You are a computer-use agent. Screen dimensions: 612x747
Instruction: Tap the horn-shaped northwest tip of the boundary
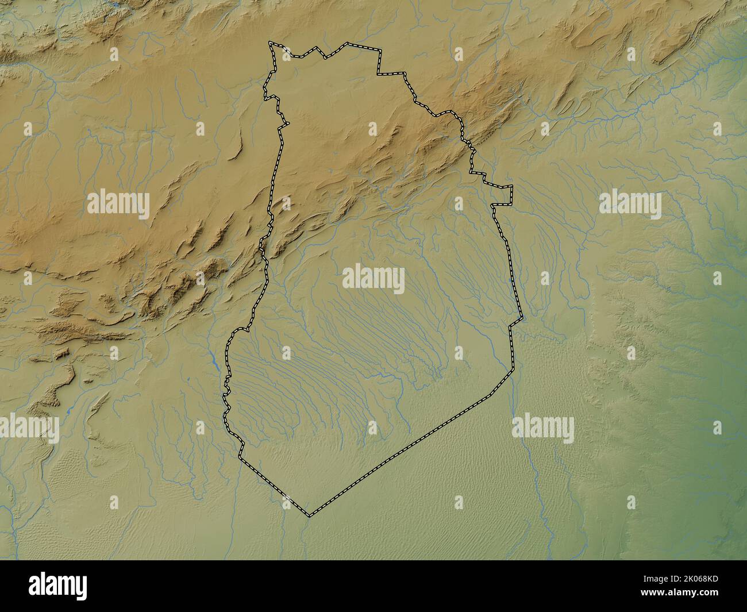click(x=272, y=44)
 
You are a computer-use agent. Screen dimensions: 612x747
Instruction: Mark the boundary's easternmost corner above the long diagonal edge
click(x=522, y=317)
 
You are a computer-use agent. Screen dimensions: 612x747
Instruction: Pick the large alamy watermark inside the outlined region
click(x=373, y=279)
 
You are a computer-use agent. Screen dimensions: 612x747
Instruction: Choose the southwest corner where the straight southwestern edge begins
click(x=240, y=459)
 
